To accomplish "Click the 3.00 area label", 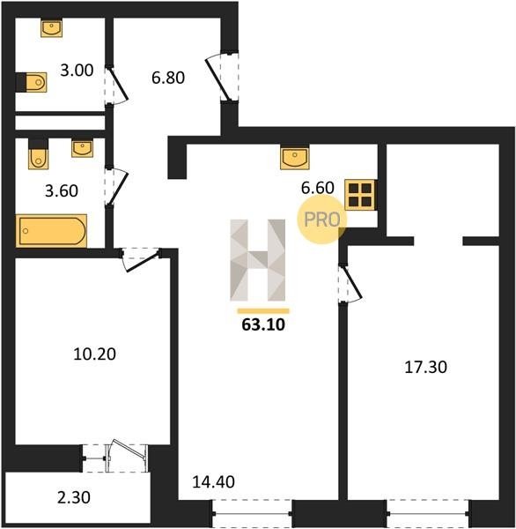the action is tap(77, 71).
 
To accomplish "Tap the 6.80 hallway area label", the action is tap(168, 78).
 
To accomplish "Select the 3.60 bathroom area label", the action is tap(62, 190).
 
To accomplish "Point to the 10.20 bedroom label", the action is tap(95, 354).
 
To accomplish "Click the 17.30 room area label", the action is tap(425, 367).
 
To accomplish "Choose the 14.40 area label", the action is tap(213, 481).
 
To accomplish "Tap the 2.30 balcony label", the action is tap(74, 497).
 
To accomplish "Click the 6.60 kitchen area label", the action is tap(318, 188).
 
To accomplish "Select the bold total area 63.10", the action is tap(263, 324).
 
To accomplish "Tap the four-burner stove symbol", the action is tap(360, 195).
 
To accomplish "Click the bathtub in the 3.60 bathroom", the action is tap(51, 231).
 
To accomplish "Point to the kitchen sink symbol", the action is tap(295, 157).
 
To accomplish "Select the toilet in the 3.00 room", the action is tap(32, 82).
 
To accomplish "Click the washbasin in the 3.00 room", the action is tap(52, 27).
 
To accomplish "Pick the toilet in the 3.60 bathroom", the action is tap(39, 154).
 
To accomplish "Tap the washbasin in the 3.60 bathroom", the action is tap(82, 149).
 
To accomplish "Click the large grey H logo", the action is tap(258, 260).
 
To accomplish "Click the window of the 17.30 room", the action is tap(428, 513).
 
